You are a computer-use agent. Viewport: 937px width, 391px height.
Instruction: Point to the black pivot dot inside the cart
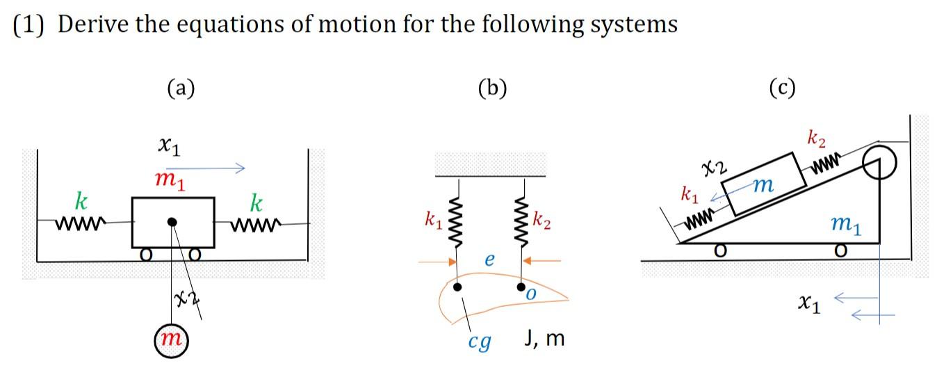point(172,222)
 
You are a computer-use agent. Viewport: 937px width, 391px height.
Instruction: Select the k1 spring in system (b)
point(457,217)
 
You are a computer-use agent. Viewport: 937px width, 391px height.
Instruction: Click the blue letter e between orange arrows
point(489,260)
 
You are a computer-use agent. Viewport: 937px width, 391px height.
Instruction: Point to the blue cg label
point(479,342)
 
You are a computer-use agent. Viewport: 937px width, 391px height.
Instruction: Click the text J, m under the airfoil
point(544,340)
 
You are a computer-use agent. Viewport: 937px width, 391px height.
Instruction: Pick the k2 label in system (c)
point(817,138)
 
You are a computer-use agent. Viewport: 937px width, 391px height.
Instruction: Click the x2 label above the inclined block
point(714,167)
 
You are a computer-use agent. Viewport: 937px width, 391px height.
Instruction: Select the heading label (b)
point(493,88)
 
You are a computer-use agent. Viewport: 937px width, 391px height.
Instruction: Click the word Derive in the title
point(89,24)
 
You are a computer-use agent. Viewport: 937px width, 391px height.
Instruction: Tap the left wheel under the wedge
point(723,250)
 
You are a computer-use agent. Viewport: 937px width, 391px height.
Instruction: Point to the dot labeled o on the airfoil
point(521,287)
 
